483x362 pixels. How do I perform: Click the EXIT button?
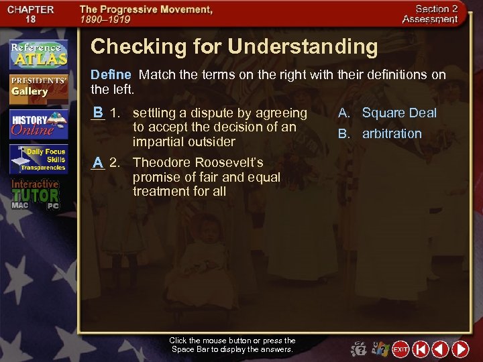click(400, 349)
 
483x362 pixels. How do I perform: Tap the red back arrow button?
click(440, 349)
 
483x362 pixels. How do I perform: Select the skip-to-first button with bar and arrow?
click(421, 349)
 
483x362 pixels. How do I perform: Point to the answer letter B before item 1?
click(98, 112)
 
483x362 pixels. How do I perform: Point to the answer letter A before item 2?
click(98, 162)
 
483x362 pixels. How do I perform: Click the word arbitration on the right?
click(392, 133)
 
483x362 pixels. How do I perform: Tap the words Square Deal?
click(399, 113)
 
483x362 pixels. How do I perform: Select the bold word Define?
click(111, 74)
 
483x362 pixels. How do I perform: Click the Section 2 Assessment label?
click(430, 14)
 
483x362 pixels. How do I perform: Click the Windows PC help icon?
click(379, 349)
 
